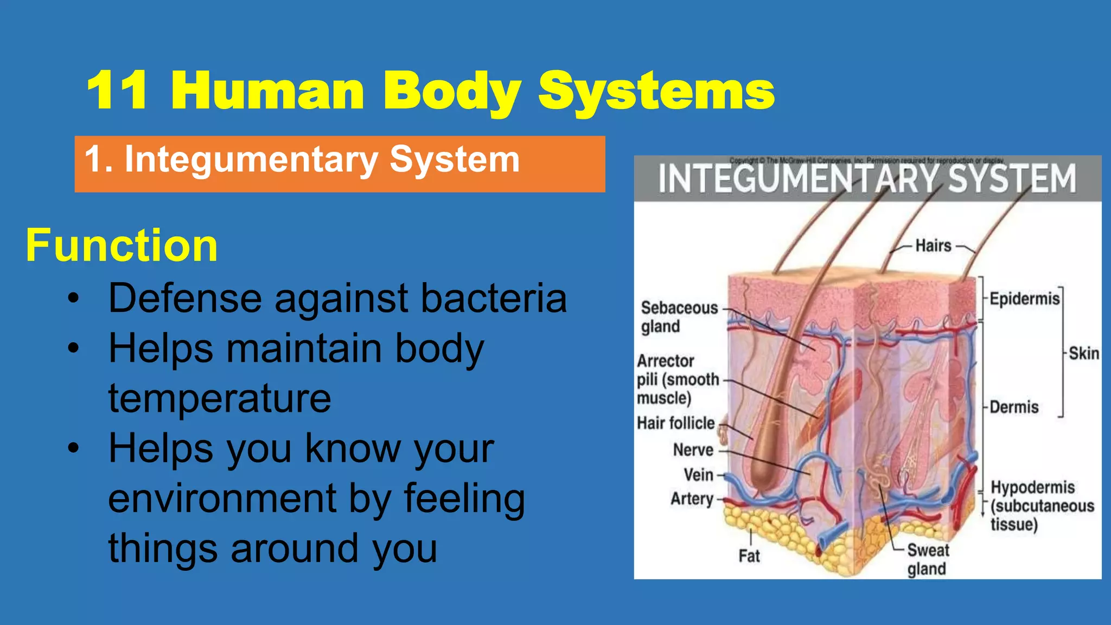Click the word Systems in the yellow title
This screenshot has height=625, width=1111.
tap(656, 91)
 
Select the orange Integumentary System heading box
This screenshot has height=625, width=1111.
tap(340, 163)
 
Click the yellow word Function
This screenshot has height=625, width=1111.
tap(122, 245)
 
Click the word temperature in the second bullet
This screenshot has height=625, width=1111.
tap(220, 398)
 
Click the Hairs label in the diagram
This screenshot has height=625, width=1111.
tap(933, 246)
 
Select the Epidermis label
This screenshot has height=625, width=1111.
tap(1024, 299)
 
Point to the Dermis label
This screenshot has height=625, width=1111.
tap(1014, 407)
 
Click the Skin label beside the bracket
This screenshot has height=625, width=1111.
tap(1083, 354)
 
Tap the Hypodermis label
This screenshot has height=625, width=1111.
tap(1032, 487)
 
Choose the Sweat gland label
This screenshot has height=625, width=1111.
tap(928, 559)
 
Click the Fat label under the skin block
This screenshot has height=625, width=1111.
tap(749, 556)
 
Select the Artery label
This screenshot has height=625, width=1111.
tap(692, 499)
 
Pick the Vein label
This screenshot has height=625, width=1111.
tap(698, 475)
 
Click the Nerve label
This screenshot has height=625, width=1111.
tap(693, 450)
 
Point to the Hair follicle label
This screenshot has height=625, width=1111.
tap(675, 423)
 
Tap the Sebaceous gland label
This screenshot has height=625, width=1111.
tap(678, 317)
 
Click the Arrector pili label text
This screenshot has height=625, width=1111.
tap(677, 379)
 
